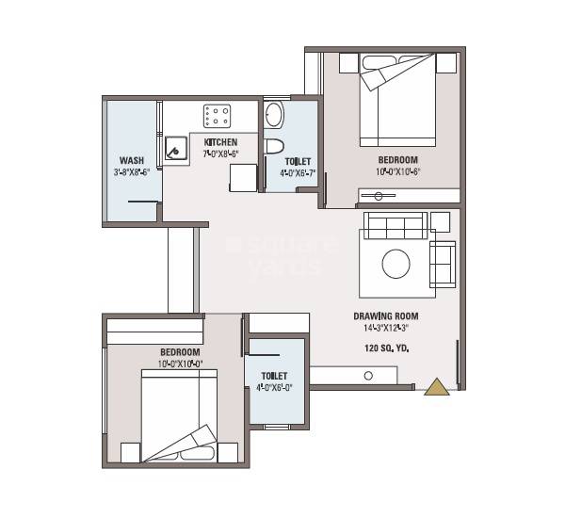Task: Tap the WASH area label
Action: click(131, 160)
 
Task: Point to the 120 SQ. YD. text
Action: click(386, 348)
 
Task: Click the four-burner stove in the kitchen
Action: click(217, 116)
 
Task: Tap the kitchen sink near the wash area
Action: click(175, 148)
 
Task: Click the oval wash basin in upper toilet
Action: click(273, 115)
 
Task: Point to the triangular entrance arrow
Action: click(437, 387)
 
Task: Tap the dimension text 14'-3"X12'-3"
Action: click(386, 329)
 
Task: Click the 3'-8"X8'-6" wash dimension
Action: click(131, 171)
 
